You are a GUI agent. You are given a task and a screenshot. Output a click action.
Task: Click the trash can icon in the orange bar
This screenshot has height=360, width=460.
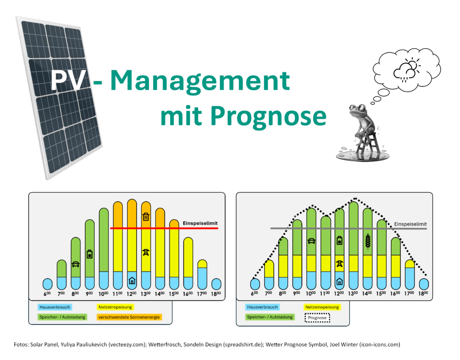click(146, 217)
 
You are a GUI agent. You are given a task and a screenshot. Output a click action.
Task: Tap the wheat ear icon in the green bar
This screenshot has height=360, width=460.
click(367, 241)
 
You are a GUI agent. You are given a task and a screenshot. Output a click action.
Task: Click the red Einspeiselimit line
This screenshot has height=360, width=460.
click(164, 228)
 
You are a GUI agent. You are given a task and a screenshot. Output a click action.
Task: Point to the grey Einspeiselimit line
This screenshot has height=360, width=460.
click(349, 228)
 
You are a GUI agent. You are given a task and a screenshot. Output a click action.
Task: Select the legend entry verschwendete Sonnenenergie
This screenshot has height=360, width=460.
click(129, 317)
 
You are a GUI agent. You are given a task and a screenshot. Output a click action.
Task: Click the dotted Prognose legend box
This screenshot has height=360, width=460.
click(317, 318)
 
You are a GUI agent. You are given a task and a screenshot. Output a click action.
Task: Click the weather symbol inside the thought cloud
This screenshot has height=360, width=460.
click(407, 70)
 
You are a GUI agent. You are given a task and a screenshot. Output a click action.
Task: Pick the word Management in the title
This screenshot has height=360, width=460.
click(200, 81)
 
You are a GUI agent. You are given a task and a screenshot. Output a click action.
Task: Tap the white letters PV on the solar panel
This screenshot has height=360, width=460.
click(69, 80)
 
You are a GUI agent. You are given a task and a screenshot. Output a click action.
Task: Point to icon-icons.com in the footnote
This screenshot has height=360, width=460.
click(380, 344)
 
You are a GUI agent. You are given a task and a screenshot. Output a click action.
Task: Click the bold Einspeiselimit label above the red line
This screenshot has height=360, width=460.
click(200, 223)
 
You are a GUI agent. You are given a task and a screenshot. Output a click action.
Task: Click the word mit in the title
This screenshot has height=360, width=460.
click(181, 116)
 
